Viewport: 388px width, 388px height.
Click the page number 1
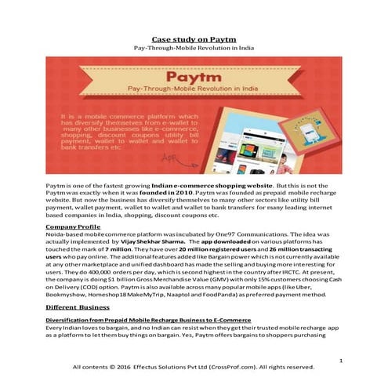pyautogui.click(x=343, y=359)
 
